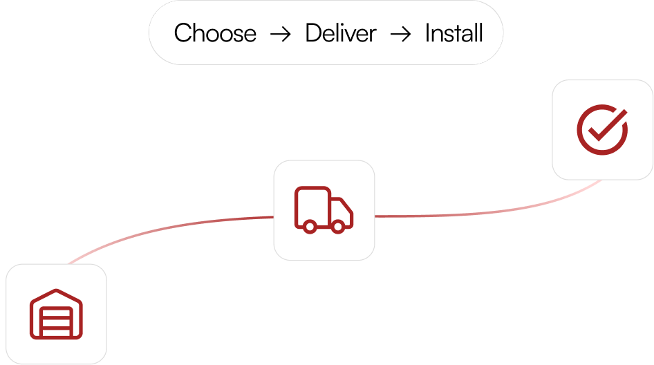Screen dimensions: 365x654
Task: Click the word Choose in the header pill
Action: pos(215,33)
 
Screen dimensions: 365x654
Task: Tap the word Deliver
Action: pos(341,33)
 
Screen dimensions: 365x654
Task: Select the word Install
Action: pos(454,33)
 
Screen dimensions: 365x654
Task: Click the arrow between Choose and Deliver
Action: pos(281,34)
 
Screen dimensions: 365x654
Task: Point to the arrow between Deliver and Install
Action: pos(401,34)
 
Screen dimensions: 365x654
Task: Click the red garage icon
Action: pos(56,315)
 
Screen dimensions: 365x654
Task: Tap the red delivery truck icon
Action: pos(324,209)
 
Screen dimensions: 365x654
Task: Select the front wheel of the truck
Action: pos(338,225)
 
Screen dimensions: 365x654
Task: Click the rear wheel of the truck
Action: pos(310,225)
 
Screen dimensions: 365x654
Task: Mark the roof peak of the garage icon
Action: pos(56,292)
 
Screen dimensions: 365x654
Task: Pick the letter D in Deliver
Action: pos(313,33)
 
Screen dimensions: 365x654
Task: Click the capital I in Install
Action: pos(428,33)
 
